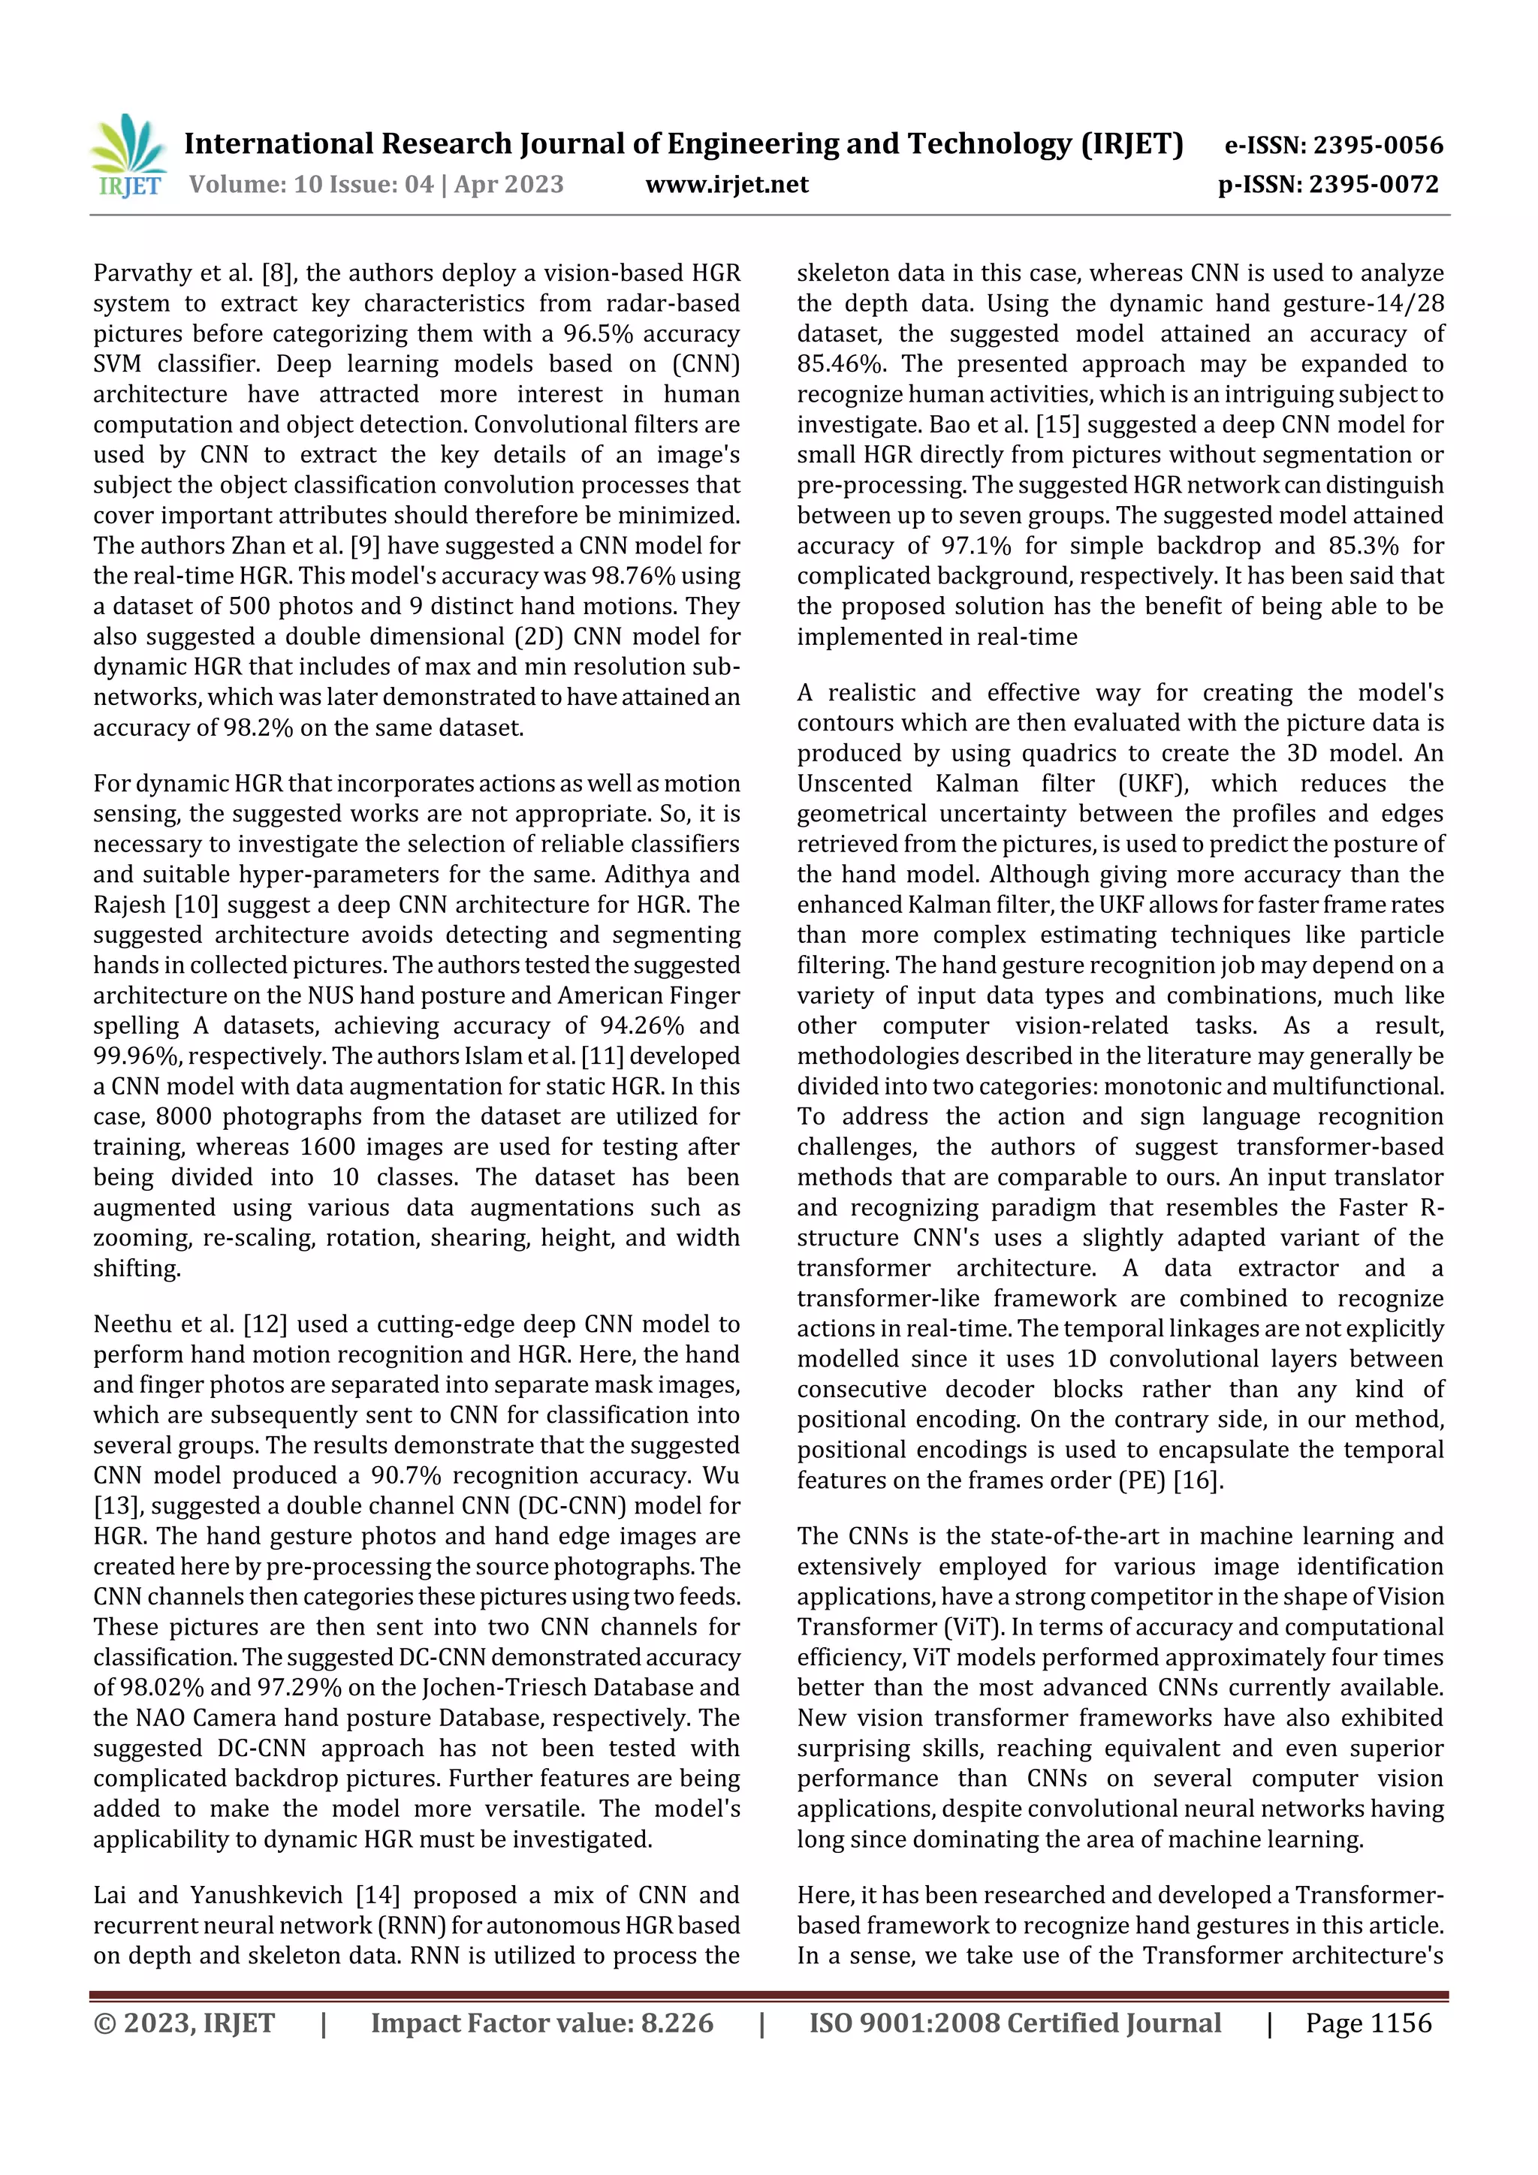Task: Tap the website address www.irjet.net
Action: [x=727, y=184]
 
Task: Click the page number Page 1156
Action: [x=1368, y=2023]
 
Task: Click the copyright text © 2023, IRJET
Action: [x=184, y=2023]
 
